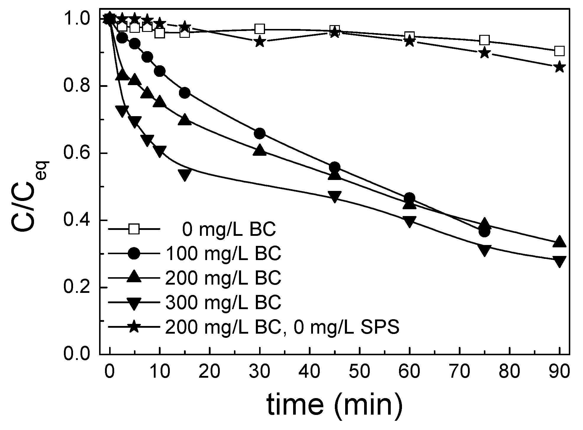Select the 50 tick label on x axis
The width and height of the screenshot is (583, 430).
(360, 371)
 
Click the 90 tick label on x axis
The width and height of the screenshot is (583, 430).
(559, 371)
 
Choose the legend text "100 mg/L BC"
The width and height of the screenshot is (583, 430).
(223, 254)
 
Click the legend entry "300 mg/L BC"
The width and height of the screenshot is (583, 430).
(223, 302)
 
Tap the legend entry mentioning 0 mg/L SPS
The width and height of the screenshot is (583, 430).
(282, 327)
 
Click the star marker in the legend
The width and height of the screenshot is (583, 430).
(134, 327)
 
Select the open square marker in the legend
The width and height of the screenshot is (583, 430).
(134, 229)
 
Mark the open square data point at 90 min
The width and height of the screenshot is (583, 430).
(559, 51)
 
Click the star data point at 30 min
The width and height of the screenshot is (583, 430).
(260, 41)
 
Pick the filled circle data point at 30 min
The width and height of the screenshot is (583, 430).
(260, 134)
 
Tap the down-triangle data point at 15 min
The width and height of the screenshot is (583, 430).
(185, 174)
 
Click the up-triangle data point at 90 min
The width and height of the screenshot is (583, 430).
(559, 241)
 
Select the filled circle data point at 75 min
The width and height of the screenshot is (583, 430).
(484, 232)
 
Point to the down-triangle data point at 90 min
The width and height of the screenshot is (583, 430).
(559, 261)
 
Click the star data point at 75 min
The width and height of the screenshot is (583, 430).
(484, 53)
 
